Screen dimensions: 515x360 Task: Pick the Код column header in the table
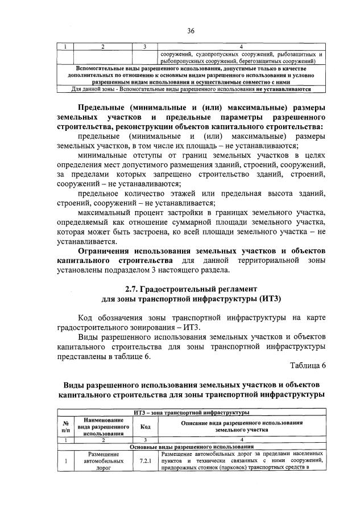click(x=145, y=426)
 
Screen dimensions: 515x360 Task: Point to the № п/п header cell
click(x=66, y=426)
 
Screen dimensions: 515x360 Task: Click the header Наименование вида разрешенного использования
click(x=104, y=426)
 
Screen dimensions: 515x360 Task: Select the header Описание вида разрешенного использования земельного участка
click(x=241, y=426)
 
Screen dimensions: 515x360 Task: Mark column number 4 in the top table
click(x=241, y=47)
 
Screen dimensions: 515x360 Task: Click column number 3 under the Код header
click(x=145, y=440)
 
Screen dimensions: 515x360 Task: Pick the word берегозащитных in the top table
click(x=263, y=60)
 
